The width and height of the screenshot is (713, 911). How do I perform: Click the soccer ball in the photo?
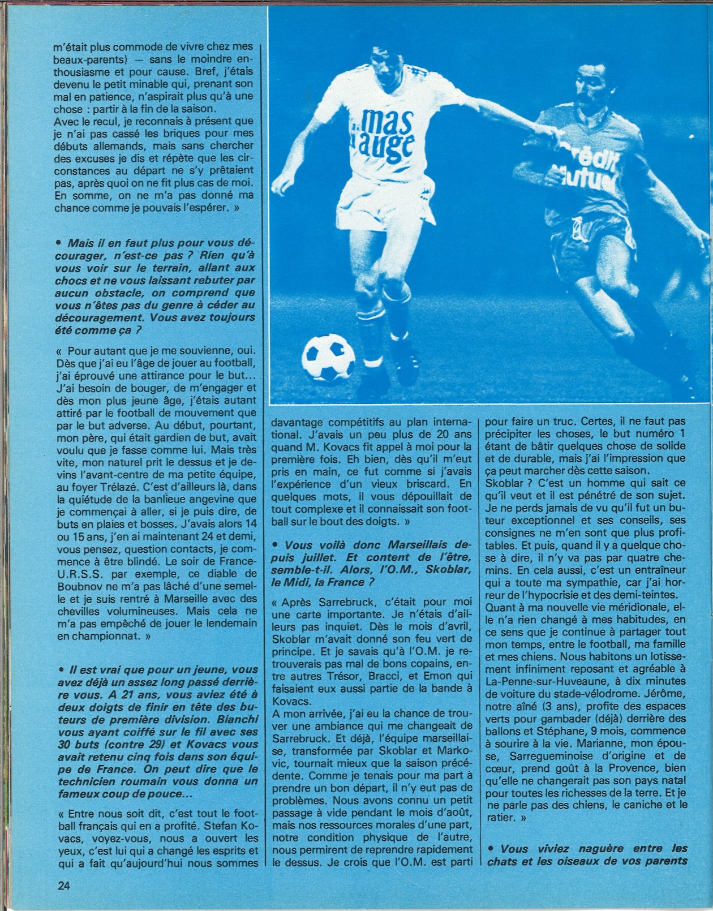328,358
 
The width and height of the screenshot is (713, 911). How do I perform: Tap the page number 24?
63,886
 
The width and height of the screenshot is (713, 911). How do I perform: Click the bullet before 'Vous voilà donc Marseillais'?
275,545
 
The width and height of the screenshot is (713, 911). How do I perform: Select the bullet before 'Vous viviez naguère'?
490,849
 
